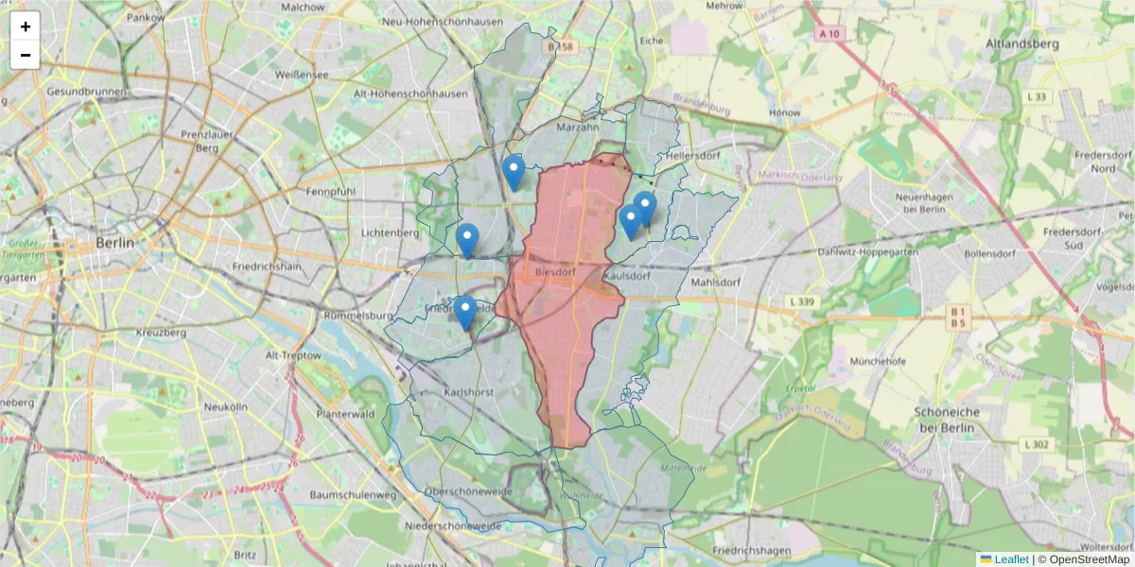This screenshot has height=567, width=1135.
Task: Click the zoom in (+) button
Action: tap(26, 26)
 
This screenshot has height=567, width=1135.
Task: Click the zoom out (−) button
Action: tap(26, 55)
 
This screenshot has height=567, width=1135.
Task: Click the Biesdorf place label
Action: tap(555, 272)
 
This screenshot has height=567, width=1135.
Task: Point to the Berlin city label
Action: tap(115, 243)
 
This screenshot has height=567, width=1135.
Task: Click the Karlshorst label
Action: tap(471, 392)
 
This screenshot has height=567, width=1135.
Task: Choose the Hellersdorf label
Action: tap(694, 154)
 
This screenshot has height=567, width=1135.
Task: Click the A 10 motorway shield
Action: tap(828, 33)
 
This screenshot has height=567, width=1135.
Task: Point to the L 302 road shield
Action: tap(1036, 443)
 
